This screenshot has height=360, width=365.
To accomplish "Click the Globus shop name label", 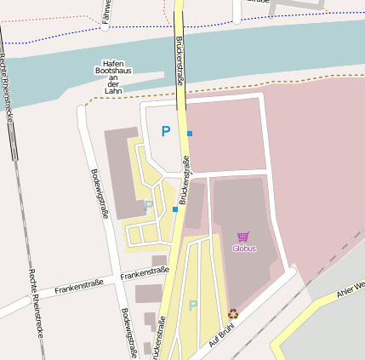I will [244, 249].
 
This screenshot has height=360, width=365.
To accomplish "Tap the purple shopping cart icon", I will [243, 237].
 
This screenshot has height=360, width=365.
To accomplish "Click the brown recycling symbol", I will [233, 313].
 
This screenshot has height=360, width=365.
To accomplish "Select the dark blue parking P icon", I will [166, 131].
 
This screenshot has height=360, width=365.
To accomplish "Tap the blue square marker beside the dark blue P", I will [190, 134].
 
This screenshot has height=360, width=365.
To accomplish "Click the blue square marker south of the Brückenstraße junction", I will [175, 209].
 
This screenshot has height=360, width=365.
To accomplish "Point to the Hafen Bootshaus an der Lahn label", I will [113, 77].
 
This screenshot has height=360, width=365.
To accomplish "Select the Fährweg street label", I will [106, 12].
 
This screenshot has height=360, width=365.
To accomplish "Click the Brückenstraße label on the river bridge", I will [180, 60].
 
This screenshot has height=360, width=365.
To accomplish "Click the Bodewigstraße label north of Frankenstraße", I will [99, 193].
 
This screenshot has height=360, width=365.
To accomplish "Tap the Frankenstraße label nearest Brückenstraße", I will [145, 272].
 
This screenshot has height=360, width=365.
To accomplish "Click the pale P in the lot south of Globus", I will [193, 306].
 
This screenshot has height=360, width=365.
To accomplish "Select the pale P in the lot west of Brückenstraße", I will [149, 205].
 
